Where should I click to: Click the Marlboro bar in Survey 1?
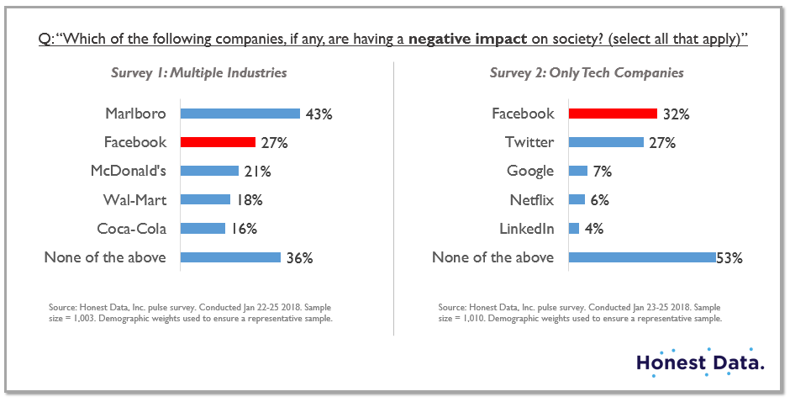pyautogui.click(x=240, y=114)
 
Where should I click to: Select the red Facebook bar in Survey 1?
pyautogui.click(x=218, y=142)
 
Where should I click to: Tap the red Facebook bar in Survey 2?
pyautogui.click(x=613, y=114)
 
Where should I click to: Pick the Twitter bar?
pyautogui.click(x=606, y=142)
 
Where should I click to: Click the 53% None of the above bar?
pyautogui.click(x=641, y=257)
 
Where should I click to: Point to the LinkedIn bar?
pyautogui.click(x=574, y=229)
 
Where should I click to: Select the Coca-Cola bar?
pyautogui.click(x=203, y=229)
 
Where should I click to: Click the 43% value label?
pyautogui.click(x=319, y=114)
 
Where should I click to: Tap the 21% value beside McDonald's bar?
pyautogui.click(x=257, y=172)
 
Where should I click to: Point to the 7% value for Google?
pyautogui.click(x=601, y=172)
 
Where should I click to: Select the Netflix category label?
pyautogui.click(x=531, y=200)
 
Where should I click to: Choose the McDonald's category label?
pyautogui.click(x=128, y=172)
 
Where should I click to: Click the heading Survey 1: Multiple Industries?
pyautogui.click(x=199, y=73)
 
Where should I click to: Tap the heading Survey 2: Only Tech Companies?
pyautogui.click(x=587, y=73)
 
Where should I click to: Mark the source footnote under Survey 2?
pyautogui.click(x=580, y=314)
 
